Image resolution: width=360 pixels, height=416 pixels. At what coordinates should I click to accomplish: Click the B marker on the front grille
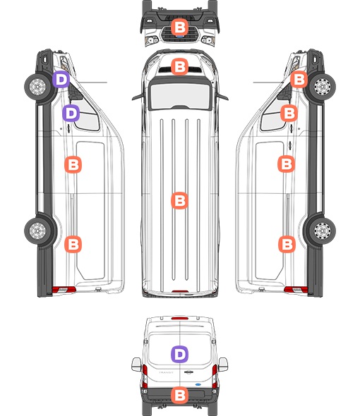point(179,27)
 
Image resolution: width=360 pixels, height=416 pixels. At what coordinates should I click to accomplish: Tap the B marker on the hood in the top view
point(179,66)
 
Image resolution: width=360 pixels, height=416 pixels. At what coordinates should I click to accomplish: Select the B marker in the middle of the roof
point(179,200)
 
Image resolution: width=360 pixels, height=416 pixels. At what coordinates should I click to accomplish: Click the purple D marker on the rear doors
point(179,354)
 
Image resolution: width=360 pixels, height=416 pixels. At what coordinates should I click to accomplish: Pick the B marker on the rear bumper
point(179,396)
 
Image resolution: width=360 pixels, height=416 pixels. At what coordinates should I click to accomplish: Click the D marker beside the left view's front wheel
point(61,79)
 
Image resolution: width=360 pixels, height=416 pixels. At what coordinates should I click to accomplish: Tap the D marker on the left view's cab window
point(71,114)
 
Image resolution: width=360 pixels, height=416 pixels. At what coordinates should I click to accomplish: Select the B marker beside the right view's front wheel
point(299,79)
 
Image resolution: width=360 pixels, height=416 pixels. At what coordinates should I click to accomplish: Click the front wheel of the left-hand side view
point(37,86)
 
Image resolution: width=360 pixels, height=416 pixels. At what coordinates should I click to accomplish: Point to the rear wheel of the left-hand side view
point(37,231)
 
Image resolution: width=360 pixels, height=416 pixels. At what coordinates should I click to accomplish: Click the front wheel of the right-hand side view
point(323,86)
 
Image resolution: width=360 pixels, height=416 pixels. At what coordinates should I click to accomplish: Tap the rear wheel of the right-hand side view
point(323,231)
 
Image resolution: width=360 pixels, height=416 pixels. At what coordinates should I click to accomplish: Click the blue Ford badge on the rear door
point(198,384)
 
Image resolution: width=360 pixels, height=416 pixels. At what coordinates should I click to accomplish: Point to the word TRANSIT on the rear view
point(166,372)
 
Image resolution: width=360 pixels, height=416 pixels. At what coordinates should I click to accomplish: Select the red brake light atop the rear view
point(180,318)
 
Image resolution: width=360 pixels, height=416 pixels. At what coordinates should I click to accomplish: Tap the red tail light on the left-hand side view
point(64,290)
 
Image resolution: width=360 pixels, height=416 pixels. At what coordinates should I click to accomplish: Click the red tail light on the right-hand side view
point(296,290)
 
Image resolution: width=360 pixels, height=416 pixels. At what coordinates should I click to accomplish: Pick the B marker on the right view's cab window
point(289,114)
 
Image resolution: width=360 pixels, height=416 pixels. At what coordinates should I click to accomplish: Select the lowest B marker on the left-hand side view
point(73,244)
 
